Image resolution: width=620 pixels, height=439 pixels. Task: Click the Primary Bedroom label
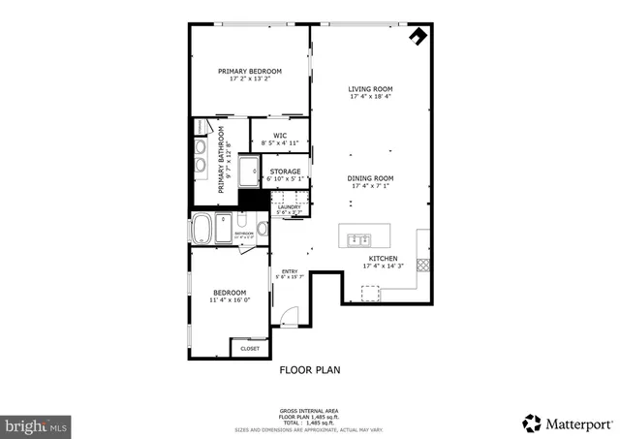pyautogui.click(x=249, y=71)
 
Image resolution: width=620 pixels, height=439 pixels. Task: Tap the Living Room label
pyautogui.click(x=371, y=89)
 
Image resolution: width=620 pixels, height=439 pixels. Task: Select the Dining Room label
pyautogui.click(x=371, y=177)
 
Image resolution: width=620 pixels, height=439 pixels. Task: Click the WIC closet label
pyautogui.click(x=279, y=136)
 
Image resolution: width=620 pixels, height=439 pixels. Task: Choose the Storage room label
pyautogui.click(x=285, y=172)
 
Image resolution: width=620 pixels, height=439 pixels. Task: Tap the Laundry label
pyautogui.click(x=289, y=206)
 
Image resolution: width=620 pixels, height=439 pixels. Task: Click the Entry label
pyautogui.click(x=290, y=271)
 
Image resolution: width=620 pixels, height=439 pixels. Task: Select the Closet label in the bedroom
pyautogui.click(x=250, y=347)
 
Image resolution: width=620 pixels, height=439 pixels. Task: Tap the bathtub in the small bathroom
pyautogui.click(x=204, y=231)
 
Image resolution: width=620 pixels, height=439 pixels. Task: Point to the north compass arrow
pyautogui.click(x=418, y=36)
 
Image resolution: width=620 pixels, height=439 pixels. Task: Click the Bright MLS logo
pyautogui.click(x=37, y=424)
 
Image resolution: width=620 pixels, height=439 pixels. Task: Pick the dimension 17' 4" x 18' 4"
pyautogui.click(x=371, y=97)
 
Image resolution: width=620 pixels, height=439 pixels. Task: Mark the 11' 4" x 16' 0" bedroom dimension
pyautogui.click(x=230, y=300)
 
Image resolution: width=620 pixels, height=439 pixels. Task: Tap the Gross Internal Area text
pyautogui.click(x=307, y=410)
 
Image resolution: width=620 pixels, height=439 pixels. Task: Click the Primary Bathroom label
pyautogui.click(x=220, y=159)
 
